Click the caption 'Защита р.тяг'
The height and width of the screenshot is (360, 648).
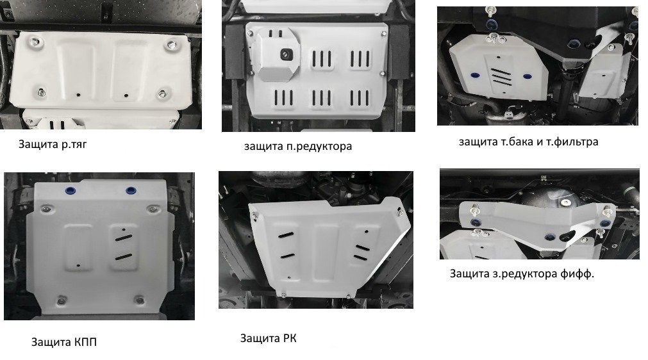[53, 145]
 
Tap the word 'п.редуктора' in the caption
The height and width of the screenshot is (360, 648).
[319, 147]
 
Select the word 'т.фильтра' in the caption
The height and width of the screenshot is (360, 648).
[572, 142]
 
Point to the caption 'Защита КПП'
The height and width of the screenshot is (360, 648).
[64, 342]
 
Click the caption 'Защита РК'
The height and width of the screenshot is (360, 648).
[268, 338]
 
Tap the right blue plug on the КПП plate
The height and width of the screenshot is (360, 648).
[131, 190]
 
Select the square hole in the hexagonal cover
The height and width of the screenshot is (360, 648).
[286, 54]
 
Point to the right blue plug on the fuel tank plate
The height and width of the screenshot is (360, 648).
[528, 76]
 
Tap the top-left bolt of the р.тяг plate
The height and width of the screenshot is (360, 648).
[33, 42]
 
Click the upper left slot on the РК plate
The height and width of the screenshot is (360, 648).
[286, 236]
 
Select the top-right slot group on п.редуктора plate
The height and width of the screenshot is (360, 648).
[360, 59]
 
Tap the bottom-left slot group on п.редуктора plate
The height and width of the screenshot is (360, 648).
[283, 98]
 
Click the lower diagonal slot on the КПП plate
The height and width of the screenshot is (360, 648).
[124, 257]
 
